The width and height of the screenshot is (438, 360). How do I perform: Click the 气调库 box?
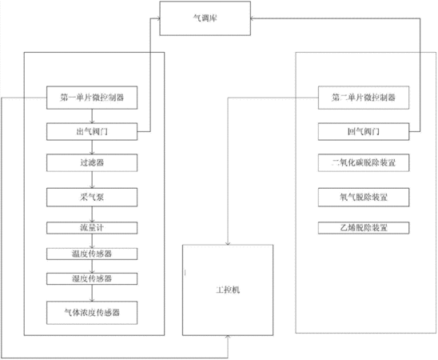(x=205, y=18)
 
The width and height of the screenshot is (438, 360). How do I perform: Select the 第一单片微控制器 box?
(x=92, y=98)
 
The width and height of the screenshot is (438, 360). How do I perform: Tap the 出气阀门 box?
(x=92, y=132)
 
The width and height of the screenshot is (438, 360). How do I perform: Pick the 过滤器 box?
(x=92, y=162)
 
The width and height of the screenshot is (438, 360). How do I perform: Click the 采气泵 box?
(x=92, y=198)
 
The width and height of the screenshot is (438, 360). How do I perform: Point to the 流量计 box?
(x=92, y=228)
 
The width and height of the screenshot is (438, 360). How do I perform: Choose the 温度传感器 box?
(x=92, y=254)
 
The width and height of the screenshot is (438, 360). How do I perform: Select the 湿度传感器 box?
(x=92, y=278)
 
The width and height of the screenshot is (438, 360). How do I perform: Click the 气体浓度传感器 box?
(x=92, y=313)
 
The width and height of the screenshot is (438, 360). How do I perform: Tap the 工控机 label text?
(x=228, y=290)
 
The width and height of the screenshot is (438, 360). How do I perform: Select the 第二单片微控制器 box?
(x=364, y=98)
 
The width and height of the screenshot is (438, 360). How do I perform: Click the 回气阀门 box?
(x=364, y=132)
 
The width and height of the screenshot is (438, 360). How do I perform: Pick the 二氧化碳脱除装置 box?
(x=364, y=162)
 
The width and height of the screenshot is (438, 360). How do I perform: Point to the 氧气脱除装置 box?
(x=364, y=198)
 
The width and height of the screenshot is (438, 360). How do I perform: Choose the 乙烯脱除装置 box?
(x=364, y=228)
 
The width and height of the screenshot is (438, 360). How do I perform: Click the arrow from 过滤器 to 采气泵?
(x=92, y=180)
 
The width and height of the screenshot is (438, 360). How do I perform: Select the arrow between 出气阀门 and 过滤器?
(x=92, y=147)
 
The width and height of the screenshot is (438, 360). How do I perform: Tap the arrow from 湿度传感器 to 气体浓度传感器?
(x=92, y=293)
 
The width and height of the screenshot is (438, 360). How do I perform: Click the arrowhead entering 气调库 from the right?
(x=253, y=18)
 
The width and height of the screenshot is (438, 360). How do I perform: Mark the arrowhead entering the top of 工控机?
(x=228, y=243)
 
